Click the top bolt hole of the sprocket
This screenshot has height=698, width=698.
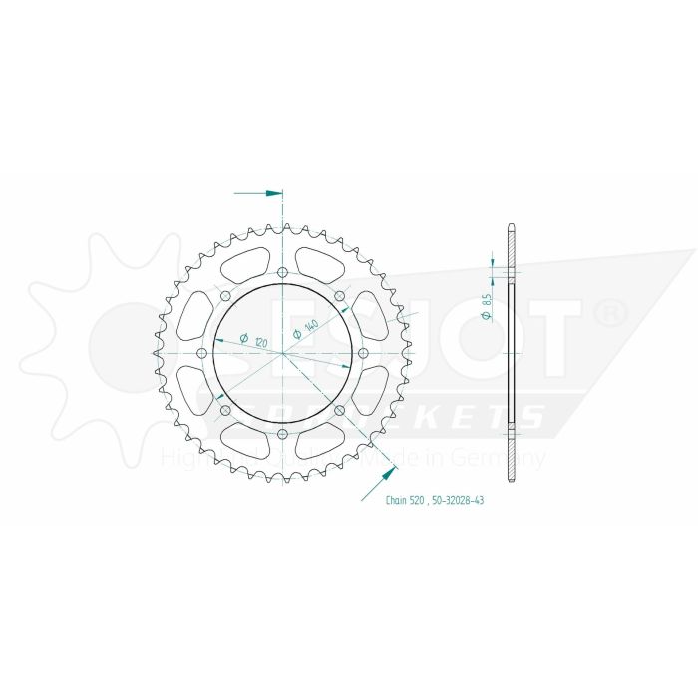[283, 272]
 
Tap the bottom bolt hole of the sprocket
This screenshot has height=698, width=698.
[283, 435]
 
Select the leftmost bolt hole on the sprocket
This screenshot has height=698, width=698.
[202, 354]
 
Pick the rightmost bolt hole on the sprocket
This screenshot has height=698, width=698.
[364, 354]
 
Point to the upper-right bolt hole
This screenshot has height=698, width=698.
[340, 297]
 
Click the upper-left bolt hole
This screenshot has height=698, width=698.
[225, 297]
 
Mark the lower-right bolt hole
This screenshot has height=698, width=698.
[340, 411]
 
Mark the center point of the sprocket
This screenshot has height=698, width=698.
[283, 354]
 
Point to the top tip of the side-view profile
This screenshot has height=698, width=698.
[512, 225]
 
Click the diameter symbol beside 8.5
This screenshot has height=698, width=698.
[486, 316]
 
